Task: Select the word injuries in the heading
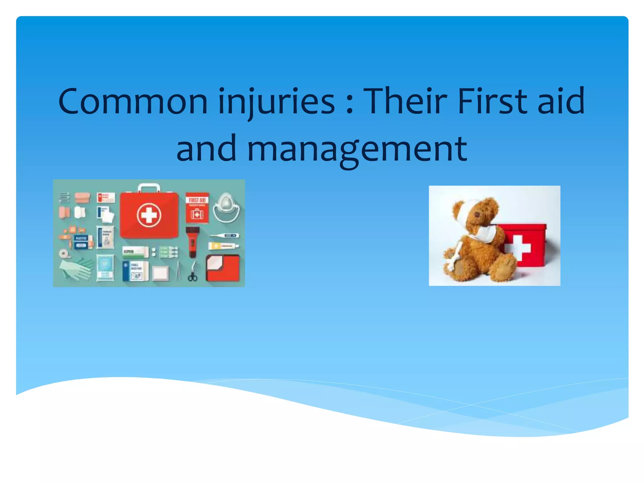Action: (277, 101)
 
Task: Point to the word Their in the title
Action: (406, 101)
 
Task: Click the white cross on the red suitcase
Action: (149, 215)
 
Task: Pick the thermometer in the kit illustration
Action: (225, 236)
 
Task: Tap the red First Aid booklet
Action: (197, 208)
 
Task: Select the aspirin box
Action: (135, 252)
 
